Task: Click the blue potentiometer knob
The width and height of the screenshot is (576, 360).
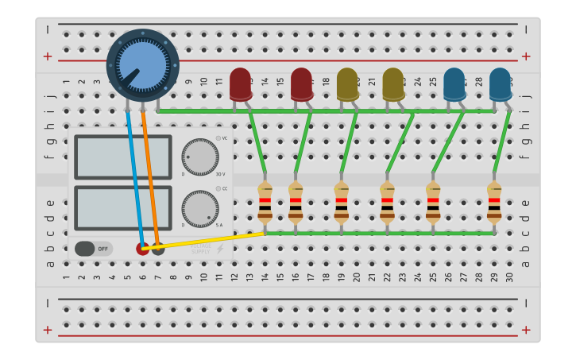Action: (142, 65)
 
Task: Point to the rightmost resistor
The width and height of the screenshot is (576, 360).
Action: (494, 201)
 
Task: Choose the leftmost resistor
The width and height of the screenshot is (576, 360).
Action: (265, 201)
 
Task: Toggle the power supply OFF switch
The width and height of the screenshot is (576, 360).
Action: (94, 249)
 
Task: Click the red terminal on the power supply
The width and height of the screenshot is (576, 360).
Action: (142, 248)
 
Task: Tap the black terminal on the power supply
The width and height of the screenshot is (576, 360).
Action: (158, 248)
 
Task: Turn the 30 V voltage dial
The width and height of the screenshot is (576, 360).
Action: (200, 157)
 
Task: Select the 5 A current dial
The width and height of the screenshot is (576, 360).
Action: (200, 208)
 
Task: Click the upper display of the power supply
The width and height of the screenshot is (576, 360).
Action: (123, 157)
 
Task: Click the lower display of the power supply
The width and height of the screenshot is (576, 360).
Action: (123, 208)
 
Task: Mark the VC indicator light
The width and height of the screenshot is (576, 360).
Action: (218, 138)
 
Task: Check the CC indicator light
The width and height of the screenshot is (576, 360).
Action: (218, 189)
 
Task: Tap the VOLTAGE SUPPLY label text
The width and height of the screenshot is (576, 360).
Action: (200, 249)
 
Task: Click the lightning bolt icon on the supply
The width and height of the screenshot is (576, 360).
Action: (220, 249)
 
